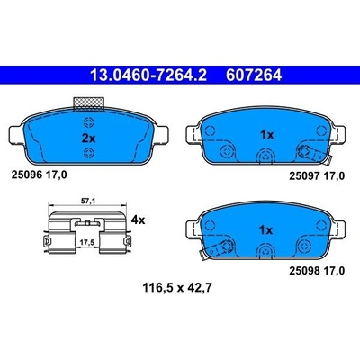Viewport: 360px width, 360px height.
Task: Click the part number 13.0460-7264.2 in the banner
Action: tap(148, 76)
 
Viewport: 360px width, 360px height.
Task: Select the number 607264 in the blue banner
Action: tap(254, 76)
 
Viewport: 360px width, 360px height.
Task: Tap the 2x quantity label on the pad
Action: tap(88, 139)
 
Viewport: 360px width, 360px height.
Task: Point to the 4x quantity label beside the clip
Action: tap(138, 220)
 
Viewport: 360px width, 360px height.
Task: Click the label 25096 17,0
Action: tap(39, 175)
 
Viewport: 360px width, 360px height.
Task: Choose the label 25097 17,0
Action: tap(317, 176)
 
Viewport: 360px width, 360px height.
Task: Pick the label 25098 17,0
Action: tap(317, 271)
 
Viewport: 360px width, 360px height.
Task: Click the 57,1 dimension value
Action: tap(88, 202)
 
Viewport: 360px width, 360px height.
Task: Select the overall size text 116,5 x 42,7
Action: tap(177, 288)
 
